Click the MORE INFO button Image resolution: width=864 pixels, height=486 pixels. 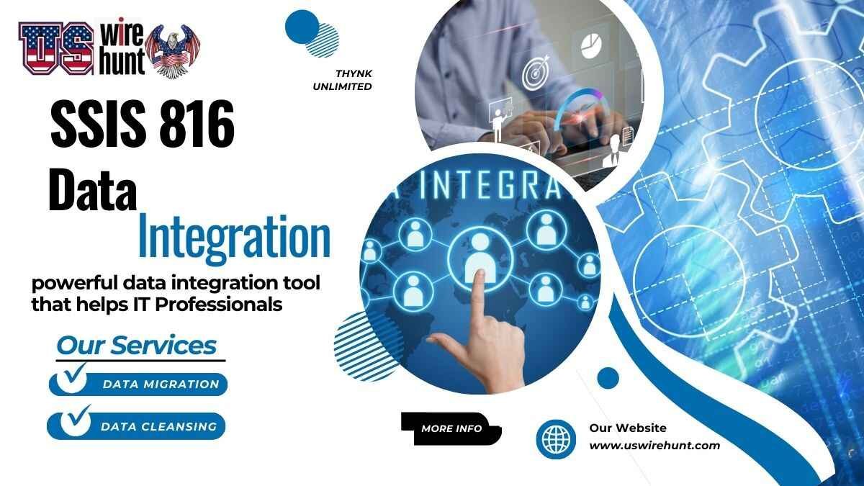(x=451, y=428)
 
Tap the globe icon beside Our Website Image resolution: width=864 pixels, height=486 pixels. (x=556, y=438)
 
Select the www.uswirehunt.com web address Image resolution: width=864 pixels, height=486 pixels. (x=654, y=446)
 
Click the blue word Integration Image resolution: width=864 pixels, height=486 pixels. (x=234, y=235)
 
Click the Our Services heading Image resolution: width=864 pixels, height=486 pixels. (x=136, y=346)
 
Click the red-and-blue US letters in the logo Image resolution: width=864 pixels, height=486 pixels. (x=56, y=49)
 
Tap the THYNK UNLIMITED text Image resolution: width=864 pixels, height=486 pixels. (x=353, y=80)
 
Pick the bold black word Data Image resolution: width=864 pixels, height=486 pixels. (x=92, y=191)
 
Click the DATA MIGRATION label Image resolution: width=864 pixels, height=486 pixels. (x=161, y=384)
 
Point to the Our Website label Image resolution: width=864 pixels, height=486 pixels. (x=628, y=428)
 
